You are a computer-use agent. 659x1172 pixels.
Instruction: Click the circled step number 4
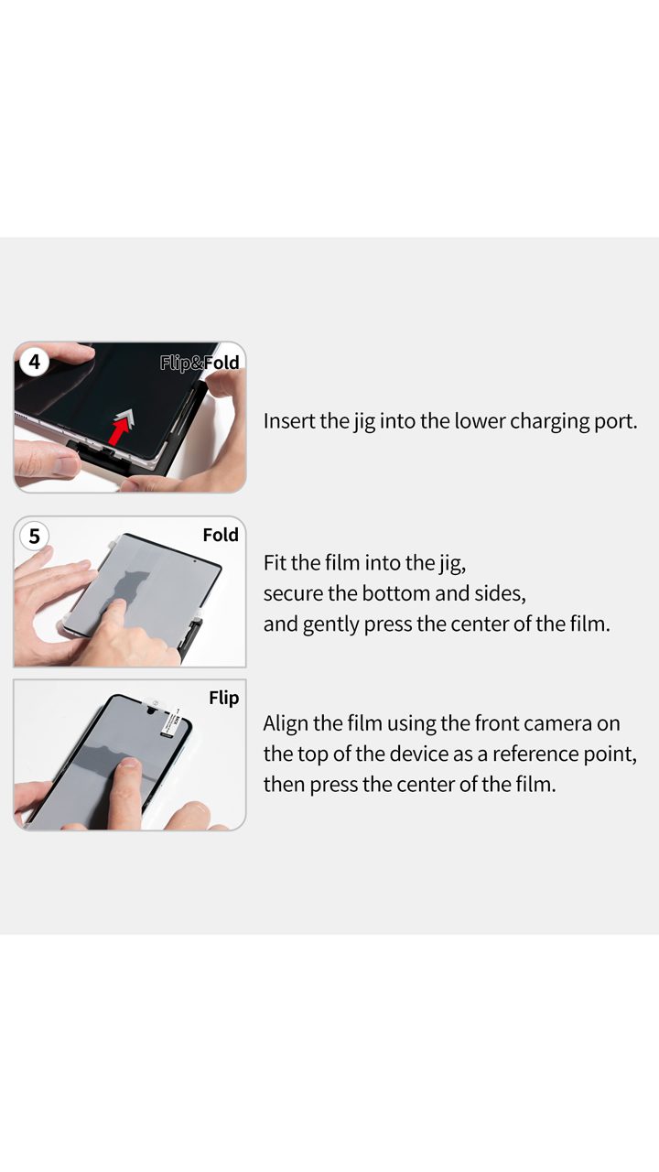pyautogui.click(x=35, y=362)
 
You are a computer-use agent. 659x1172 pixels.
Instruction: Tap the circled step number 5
pyautogui.click(x=35, y=536)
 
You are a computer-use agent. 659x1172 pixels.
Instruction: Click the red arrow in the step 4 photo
pyautogui.click(x=120, y=428)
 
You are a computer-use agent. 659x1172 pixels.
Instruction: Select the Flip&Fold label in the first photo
pyautogui.click(x=200, y=362)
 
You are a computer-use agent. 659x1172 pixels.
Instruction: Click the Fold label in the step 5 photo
pyautogui.click(x=221, y=535)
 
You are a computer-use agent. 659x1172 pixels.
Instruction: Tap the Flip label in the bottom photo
pyautogui.click(x=224, y=698)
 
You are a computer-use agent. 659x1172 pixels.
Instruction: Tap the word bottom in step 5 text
pyautogui.click(x=396, y=593)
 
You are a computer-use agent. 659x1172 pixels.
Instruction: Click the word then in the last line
pyautogui.click(x=284, y=785)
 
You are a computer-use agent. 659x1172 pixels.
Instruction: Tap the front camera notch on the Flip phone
pyautogui.click(x=152, y=711)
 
